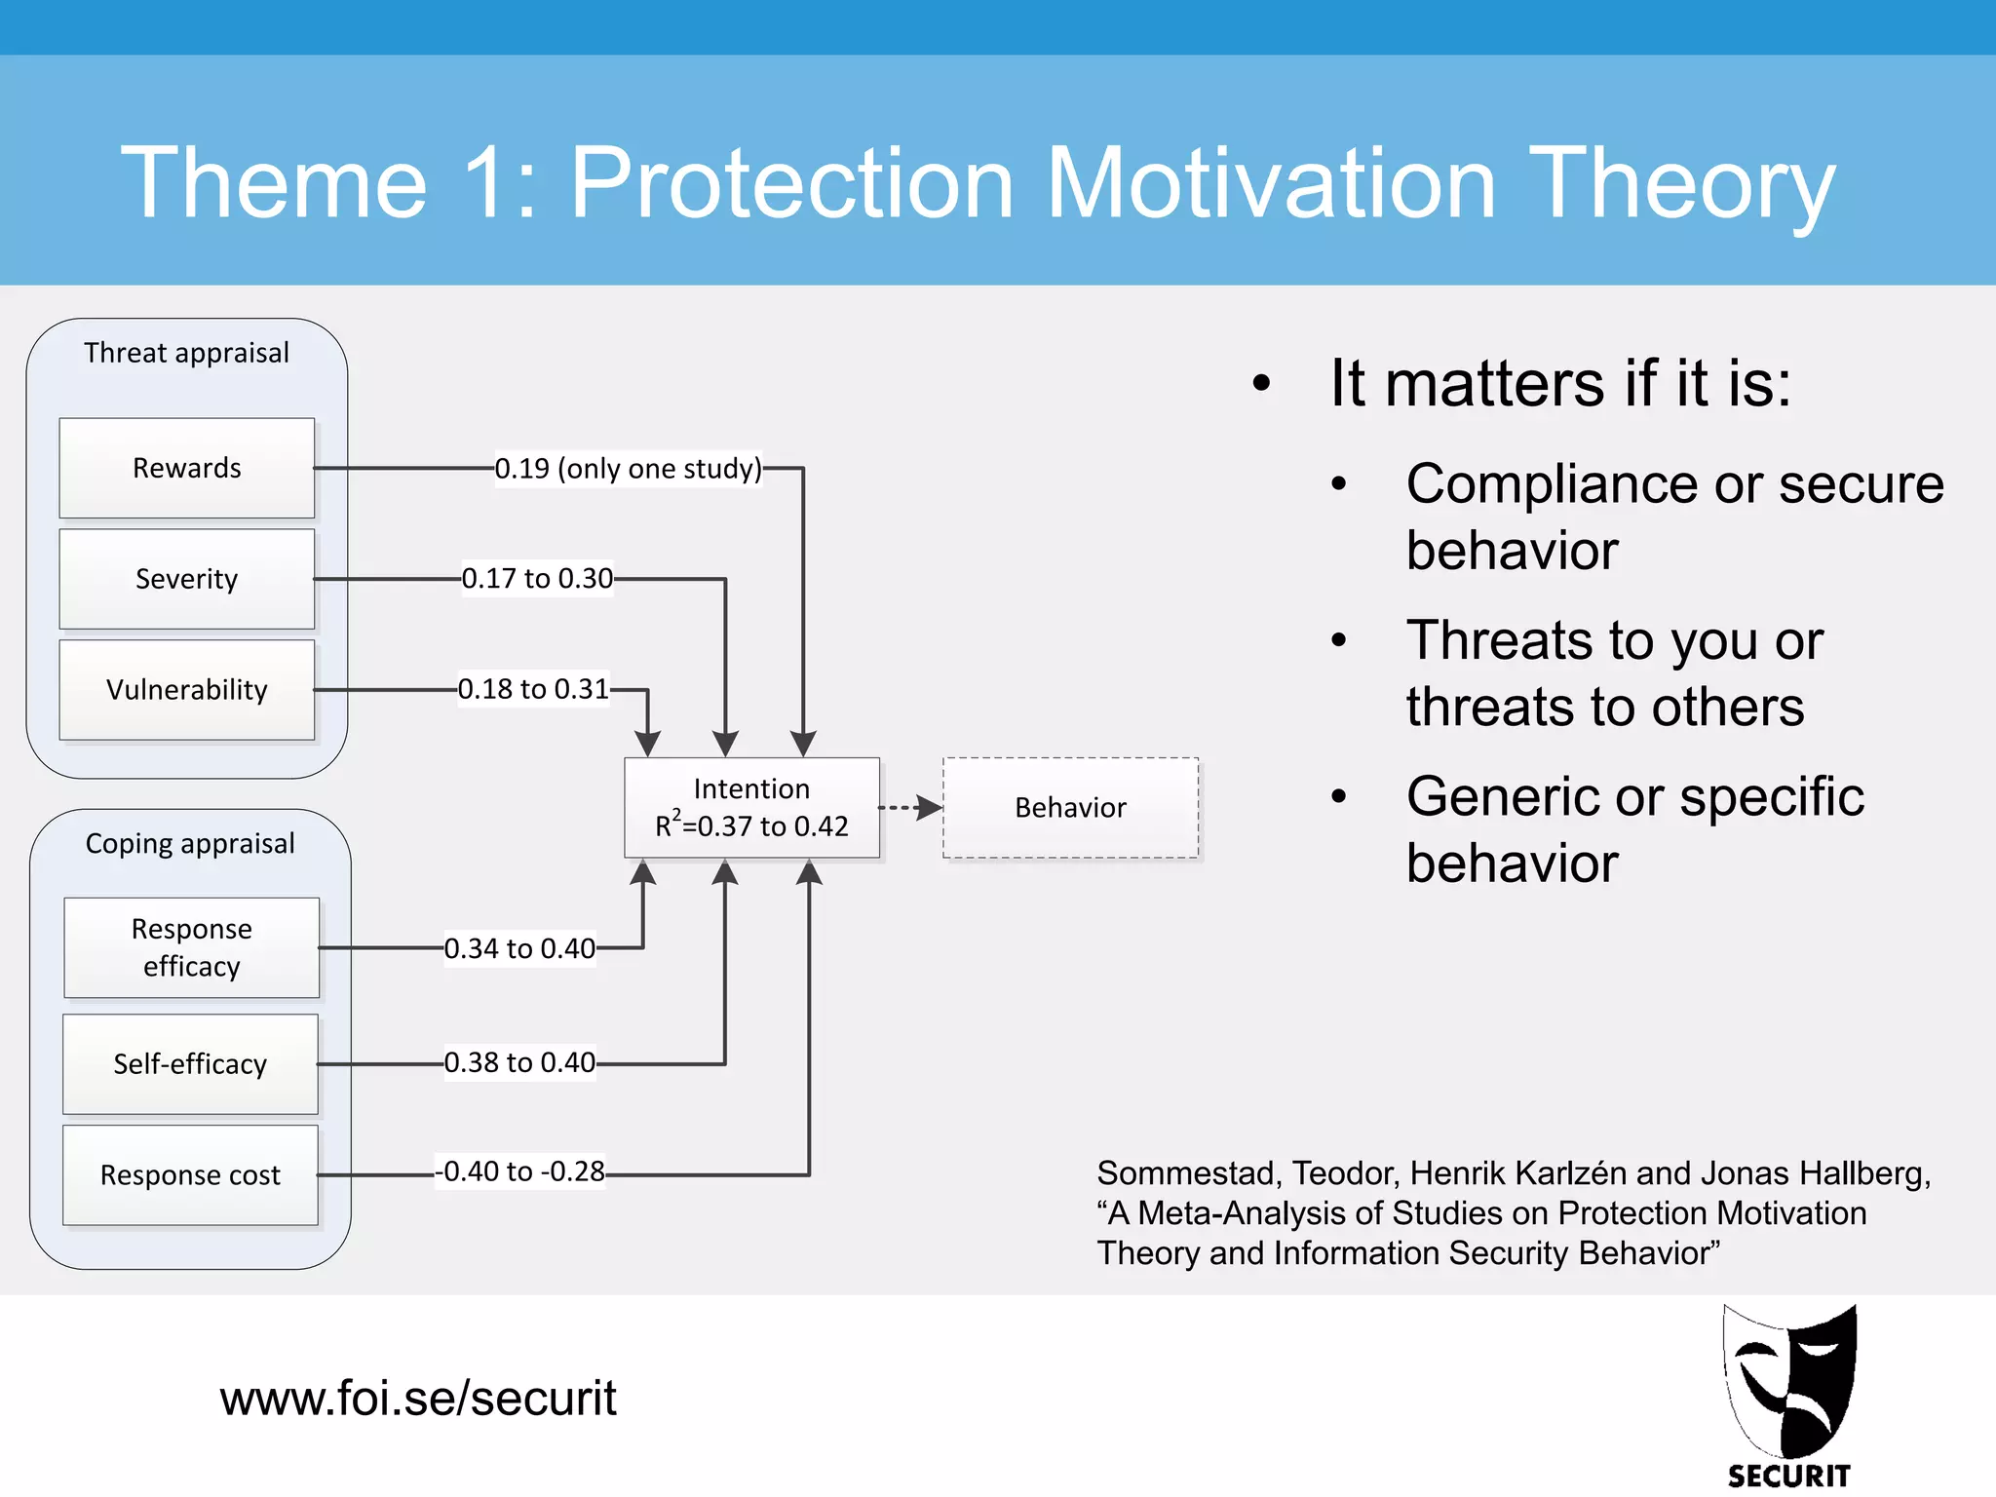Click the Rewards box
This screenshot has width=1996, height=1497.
point(187,468)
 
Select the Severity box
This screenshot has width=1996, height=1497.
point(187,579)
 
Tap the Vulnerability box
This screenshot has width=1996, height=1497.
point(187,690)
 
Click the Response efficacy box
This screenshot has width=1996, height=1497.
point(191,947)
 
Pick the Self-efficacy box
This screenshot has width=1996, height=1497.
point(191,1063)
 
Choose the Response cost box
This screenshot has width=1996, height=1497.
point(191,1174)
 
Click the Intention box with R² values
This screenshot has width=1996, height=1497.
point(751,808)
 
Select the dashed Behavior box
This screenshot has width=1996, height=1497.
point(1070,808)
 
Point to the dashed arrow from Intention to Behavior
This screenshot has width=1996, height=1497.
point(910,808)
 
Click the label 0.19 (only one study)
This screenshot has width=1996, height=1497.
point(628,469)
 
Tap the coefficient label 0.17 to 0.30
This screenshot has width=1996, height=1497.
point(537,579)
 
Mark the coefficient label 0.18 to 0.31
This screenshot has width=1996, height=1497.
point(533,689)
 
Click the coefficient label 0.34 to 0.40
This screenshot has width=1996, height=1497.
point(519,948)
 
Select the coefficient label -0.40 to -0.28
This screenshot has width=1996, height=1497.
point(519,1171)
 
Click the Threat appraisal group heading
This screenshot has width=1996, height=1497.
point(186,353)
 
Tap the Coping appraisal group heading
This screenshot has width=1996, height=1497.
point(190,844)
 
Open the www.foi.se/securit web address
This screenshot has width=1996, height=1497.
point(417,1399)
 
